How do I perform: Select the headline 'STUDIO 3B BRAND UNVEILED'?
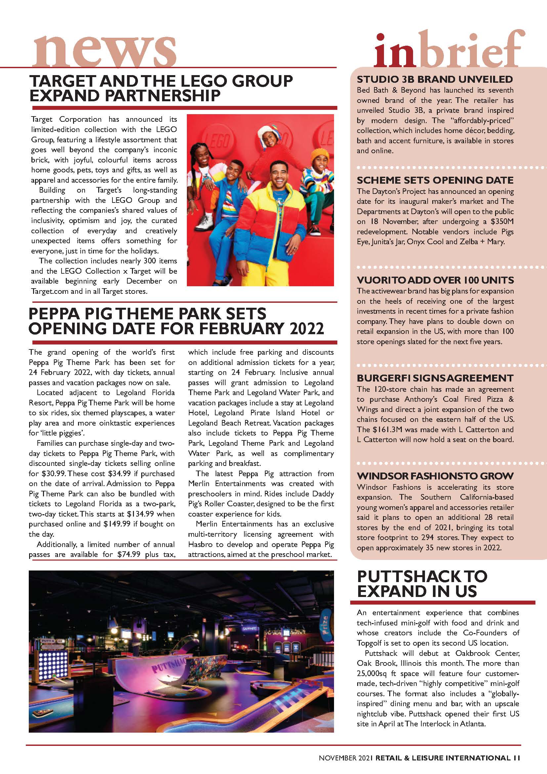[x=435, y=79]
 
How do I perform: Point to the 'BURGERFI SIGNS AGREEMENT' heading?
[x=435, y=378]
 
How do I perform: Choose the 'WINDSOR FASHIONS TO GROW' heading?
[x=435, y=476]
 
